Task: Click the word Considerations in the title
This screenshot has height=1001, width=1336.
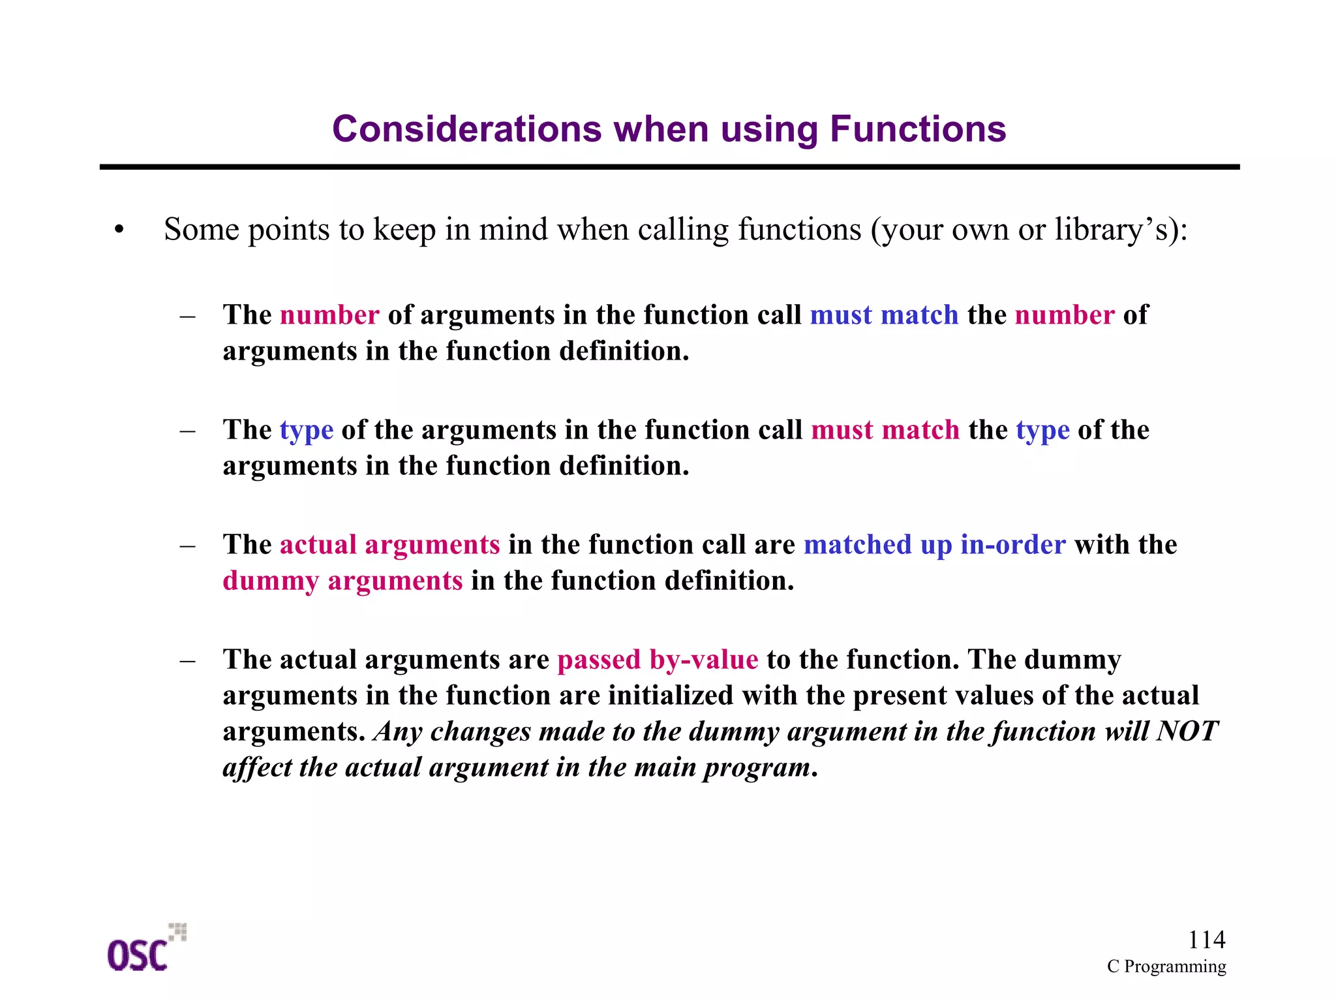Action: pos(466,129)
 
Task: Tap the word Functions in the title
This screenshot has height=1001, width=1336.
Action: pos(918,129)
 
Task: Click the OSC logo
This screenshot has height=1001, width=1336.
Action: pos(145,949)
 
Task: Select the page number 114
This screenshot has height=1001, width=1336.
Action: pos(1206,940)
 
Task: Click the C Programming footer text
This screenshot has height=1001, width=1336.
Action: pos(1166,966)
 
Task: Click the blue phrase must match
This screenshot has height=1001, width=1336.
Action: pos(884,315)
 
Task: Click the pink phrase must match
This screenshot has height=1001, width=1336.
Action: pos(885,430)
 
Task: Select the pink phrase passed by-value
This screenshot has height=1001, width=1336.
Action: pos(658,660)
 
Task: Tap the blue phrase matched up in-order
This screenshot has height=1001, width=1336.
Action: pos(934,545)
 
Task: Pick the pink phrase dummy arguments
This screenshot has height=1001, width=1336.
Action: pos(342,581)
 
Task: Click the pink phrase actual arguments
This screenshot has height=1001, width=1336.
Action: pos(389,545)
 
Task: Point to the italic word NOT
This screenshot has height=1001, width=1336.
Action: pos(1187,731)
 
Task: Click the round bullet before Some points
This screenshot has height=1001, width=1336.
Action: pos(118,230)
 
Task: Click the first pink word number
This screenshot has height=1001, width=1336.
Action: pos(329,315)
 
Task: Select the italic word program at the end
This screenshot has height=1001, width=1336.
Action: pos(756,768)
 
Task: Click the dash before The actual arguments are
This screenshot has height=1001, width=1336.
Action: pos(188,660)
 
